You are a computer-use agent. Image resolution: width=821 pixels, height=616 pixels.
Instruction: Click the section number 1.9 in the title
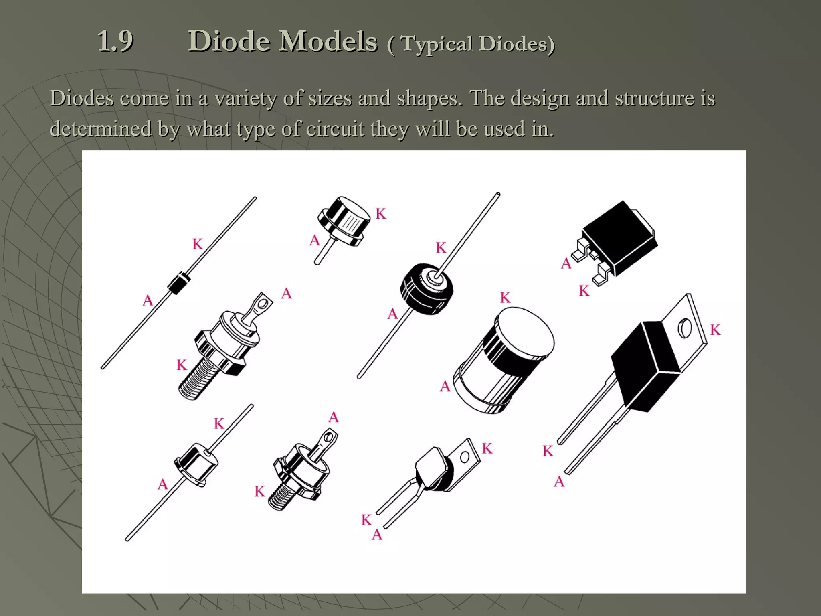pyautogui.click(x=115, y=41)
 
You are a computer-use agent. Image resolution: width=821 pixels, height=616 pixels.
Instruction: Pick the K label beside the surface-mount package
pyautogui.click(x=584, y=291)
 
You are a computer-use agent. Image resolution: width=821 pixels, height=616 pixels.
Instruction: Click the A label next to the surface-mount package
pyautogui.click(x=566, y=263)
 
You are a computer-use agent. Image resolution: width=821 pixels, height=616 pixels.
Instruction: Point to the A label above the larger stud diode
pyautogui.click(x=286, y=294)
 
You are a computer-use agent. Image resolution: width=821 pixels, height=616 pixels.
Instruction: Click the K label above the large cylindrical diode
pyautogui.click(x=505, y=298)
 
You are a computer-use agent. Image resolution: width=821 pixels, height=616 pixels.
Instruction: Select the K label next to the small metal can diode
pyautogui.click(x=381, y=214)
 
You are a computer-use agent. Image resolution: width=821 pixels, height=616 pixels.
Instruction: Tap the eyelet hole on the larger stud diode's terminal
pyautogui.click(x=263, y=300)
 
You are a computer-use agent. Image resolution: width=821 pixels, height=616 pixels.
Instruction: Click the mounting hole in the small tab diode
pyautogui.click(x=465, y=457)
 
